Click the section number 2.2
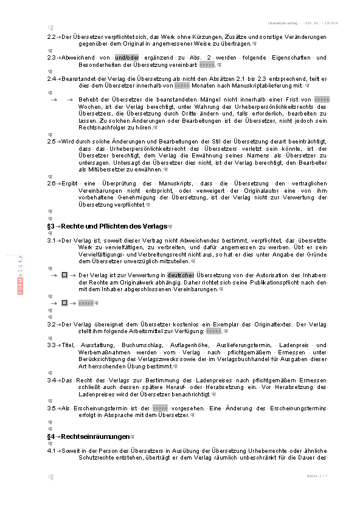(x=51, y=38)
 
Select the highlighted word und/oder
(x=128, y=57)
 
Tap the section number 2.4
(x=51, y=78)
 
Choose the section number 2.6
(x=51, y=183)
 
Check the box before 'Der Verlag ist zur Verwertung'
(x=64, y=275)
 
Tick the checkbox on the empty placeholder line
(x=64, y=303)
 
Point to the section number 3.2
(x=51, y=324)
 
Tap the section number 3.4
(x=51, y=380)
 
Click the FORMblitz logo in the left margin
(x=20, y=275)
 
